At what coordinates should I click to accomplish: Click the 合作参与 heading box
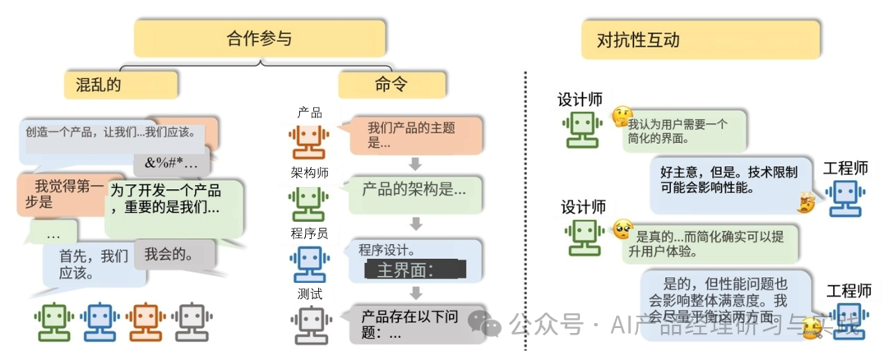click(260, 39)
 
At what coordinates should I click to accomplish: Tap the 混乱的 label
click(122, 85)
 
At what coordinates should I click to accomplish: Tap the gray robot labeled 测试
click(309, 324)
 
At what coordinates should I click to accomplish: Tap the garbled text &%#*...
click(171, 161)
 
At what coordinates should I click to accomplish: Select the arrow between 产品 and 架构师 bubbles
click(415, 163)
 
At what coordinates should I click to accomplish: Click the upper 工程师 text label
click(845, 168)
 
